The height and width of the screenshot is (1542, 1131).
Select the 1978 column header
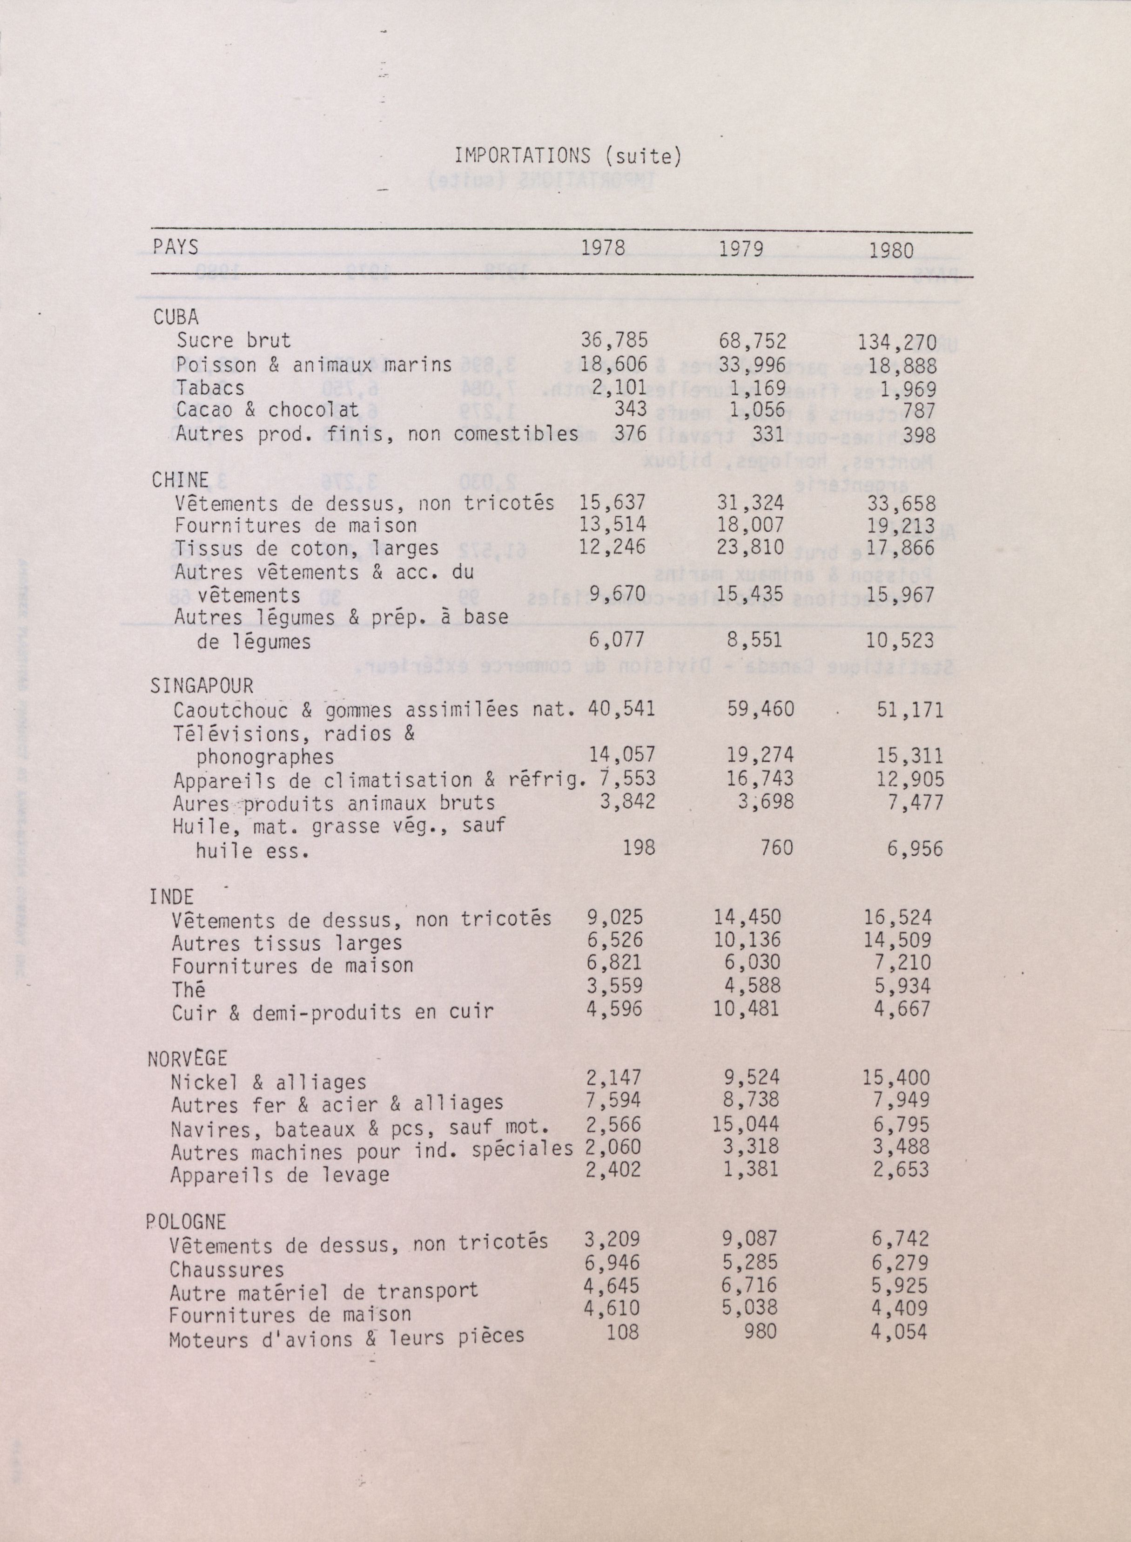[602, 248]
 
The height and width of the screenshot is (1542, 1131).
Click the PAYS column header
[175, 246]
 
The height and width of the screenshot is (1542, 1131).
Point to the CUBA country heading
[176, 317]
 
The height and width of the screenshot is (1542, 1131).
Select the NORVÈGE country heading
[188, 1059]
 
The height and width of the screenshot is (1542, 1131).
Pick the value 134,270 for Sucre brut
[897, 341]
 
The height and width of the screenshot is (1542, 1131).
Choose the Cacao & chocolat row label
[267, 410]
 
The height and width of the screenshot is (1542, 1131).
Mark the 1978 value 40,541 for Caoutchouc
[621, 709]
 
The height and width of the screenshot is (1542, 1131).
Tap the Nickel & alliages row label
[269, 1082]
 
